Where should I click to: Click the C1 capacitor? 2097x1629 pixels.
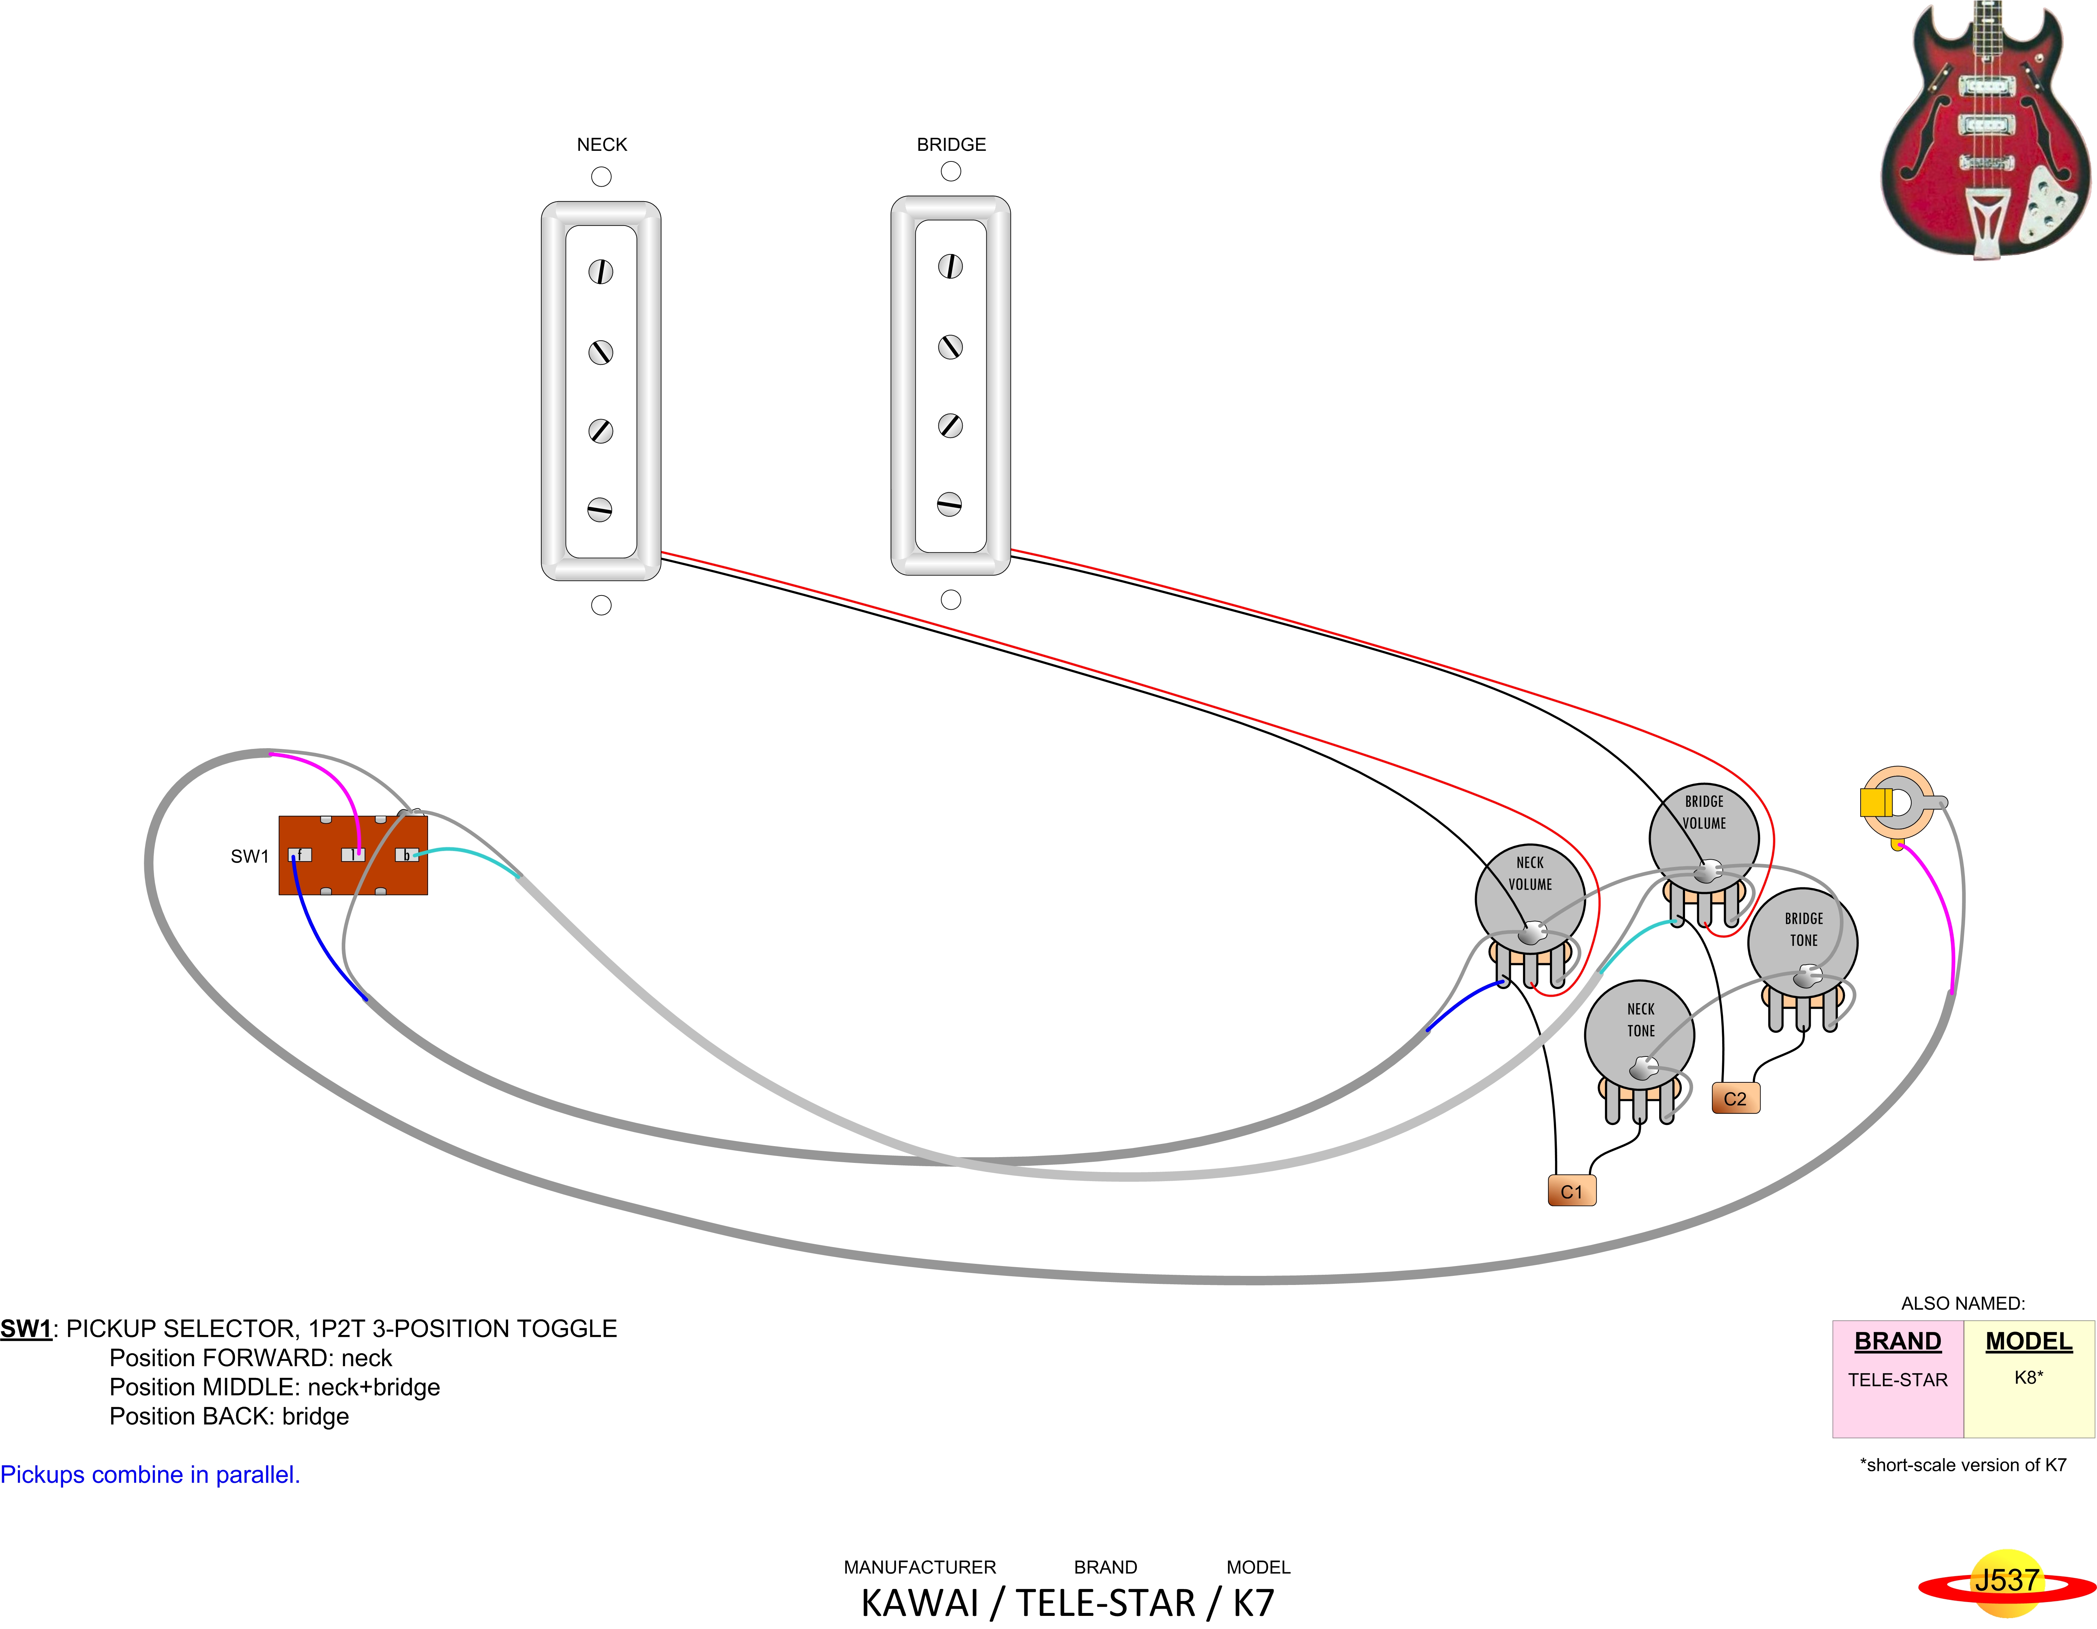1571,1191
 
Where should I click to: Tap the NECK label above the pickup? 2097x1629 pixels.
601,144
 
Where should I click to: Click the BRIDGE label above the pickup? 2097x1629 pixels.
951,144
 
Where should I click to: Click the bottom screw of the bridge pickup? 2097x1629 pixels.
950,504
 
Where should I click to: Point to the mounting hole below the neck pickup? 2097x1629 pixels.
601,605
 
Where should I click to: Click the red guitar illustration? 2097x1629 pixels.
1984,130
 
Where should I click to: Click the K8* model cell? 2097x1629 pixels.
2028,1377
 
